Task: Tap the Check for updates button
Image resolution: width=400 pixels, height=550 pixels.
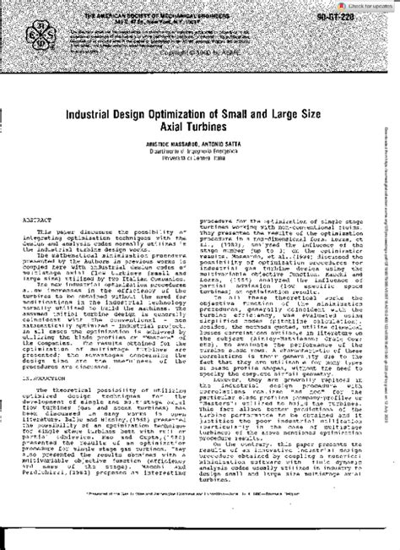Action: pos(365,5)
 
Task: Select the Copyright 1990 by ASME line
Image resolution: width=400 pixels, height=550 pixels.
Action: pos(197,54)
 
